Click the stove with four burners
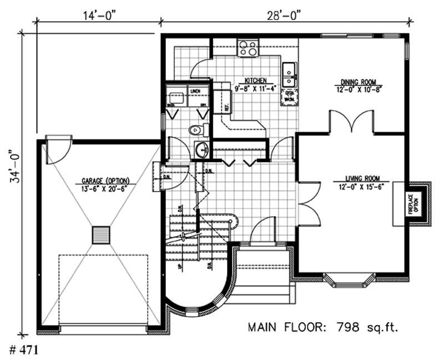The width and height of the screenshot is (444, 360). click(248, 48)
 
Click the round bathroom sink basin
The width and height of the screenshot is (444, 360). click(201, 148)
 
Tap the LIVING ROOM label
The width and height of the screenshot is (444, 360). click(361, 178)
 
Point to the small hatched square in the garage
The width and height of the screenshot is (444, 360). click(101, 234)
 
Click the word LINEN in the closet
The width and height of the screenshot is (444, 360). click(195, 90)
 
